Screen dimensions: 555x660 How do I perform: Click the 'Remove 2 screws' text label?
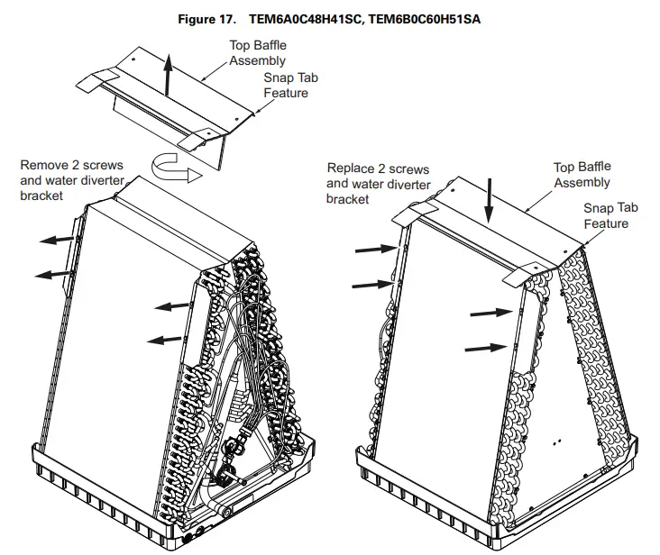point(71,166)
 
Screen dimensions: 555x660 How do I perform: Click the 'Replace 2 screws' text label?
point(378,168)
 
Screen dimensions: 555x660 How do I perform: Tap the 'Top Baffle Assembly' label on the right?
point(582,175)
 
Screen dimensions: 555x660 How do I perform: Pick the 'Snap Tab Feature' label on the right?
point(610,215)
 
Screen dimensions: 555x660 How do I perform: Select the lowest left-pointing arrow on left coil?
point(162,340)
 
